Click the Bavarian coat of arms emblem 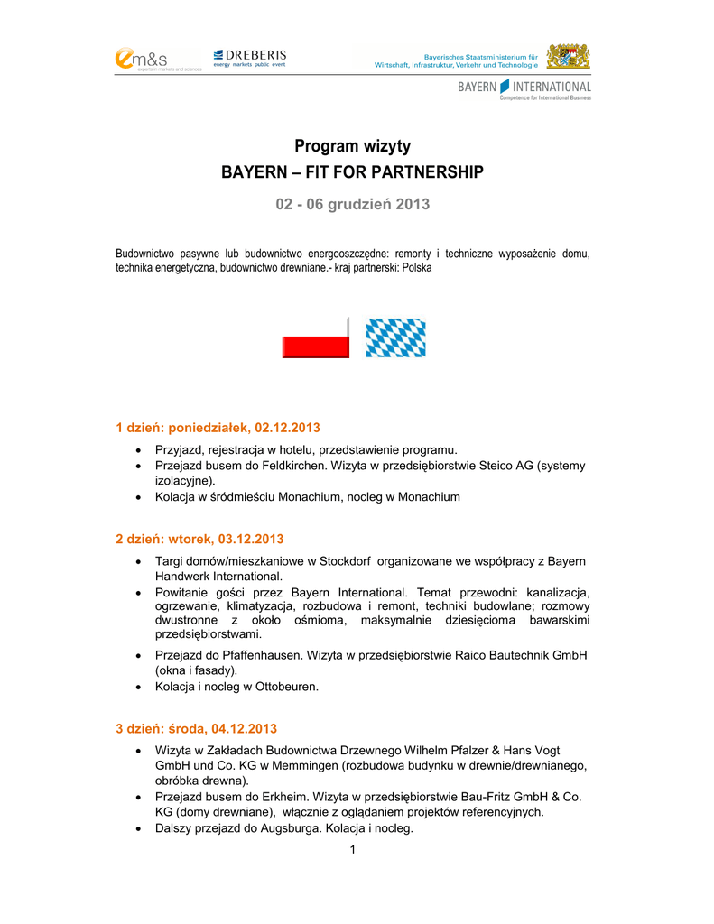[570, 57]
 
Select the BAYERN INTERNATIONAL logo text [524, 88]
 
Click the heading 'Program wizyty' [353, 146]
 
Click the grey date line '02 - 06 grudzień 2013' [353, 204]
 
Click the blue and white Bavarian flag [395, 338]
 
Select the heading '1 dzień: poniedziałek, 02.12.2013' [218, 427]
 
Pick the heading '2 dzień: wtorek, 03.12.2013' [199, 540]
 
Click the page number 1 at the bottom [354, 851]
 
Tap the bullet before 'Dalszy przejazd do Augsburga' [137, 828]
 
